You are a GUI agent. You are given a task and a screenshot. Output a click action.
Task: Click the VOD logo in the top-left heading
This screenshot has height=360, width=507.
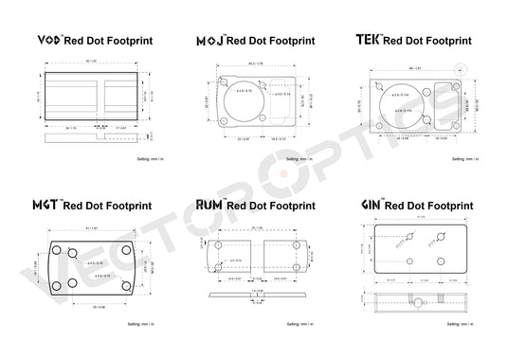point(47,41)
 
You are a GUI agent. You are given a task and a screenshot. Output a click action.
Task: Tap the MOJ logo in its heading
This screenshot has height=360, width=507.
point(209,41)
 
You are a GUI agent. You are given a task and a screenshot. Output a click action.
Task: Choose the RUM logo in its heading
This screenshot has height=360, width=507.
point(208,204)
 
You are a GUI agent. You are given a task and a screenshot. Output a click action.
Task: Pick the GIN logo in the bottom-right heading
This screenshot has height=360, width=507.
point(372,204)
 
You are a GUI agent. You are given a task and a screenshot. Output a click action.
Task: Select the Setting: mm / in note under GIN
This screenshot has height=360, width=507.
point(473,325)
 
